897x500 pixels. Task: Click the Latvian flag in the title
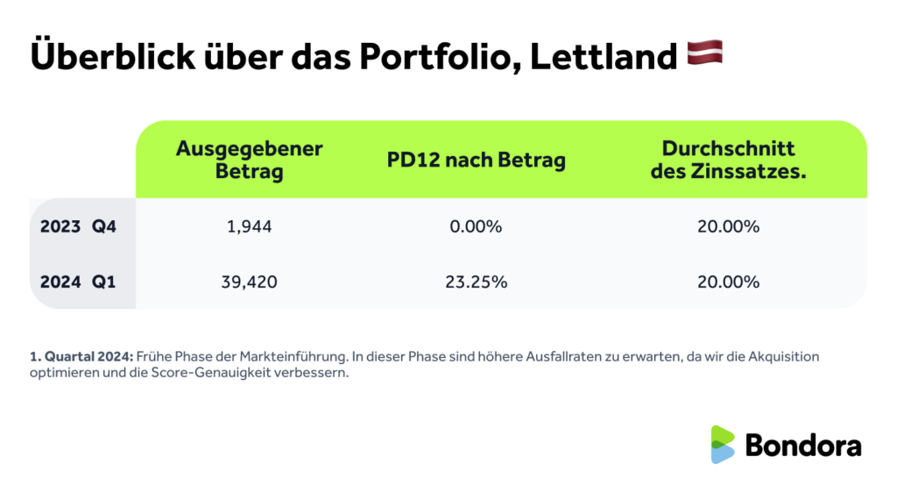pyautogui.click(x=704, y=55)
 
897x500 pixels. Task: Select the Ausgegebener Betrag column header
pyautogui.click(x=249, y=160)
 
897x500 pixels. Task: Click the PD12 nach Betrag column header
pyautogui.click(x=477, y=161)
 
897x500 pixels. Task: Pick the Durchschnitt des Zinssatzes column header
pyautogui.click(x=728, y=160)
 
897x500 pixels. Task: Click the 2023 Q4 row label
pyautogui.click(x=78, y=226)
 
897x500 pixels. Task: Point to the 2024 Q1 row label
pyautogui.click(x=78, y=282)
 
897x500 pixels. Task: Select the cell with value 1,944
pyautogui.click(x=249, y=226)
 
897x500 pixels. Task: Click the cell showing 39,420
pyautogui.click(x=249, y=282)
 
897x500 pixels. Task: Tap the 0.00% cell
pyautogui.click(x=477, y=226)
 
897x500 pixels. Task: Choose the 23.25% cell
pyautogui.click(x=477, y=282)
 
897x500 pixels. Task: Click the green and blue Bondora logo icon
pyautogui.click(x=723, y=445)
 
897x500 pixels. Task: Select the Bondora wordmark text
pyautogui.click(x=803, y=445)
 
